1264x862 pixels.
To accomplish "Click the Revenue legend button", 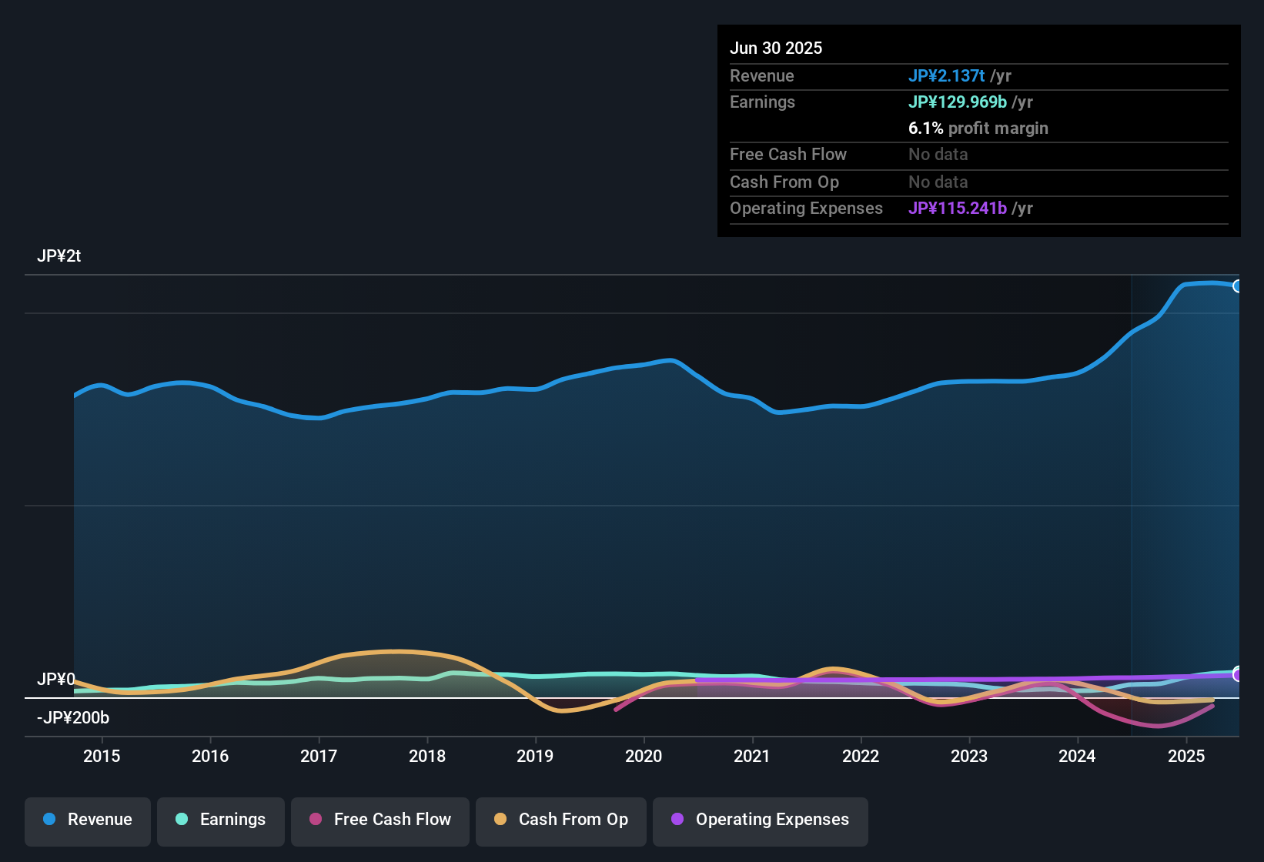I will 88,820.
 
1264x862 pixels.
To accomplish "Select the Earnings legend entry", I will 221,820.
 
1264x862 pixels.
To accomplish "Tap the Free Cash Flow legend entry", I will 380,820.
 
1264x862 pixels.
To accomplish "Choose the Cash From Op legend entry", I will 561,820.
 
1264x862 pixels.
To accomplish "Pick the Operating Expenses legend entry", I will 761,820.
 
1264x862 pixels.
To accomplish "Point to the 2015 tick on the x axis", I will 102,756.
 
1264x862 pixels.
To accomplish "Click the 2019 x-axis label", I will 535,756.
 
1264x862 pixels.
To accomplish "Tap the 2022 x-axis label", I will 861,756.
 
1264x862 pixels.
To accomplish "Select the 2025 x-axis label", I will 1186,756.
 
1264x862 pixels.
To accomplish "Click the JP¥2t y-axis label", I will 59,256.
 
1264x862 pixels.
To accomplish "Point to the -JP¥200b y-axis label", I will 73,718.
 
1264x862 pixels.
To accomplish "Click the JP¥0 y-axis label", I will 56,680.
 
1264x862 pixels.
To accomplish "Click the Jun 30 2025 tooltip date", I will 776,48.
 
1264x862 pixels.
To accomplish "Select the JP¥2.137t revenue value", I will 946,75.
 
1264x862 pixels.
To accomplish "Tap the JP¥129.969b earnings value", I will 957,102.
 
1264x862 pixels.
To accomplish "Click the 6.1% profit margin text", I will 978,129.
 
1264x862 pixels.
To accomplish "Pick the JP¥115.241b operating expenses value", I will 957,209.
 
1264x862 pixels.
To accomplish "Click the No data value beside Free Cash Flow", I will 938,155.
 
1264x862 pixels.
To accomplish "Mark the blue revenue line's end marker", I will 1238,286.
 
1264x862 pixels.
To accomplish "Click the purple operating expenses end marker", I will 1238,675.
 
